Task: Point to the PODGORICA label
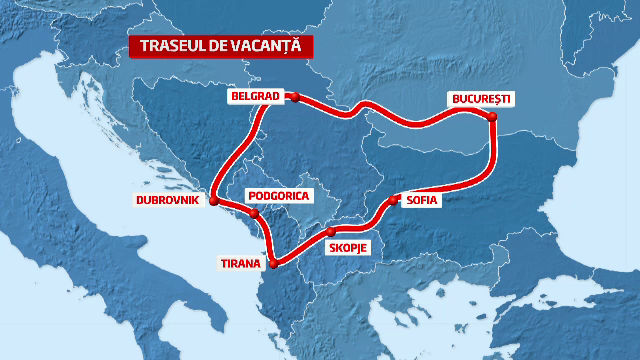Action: pos(279,195)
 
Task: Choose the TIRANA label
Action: pos(239,265)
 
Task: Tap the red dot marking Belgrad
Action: pos(295,97)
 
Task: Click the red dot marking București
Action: pos(492,117)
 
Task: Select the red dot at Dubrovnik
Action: pos(214,200)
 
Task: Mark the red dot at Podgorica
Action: pos(255,214)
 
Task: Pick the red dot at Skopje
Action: pos(331,232)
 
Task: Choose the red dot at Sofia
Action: pos(393,200)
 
